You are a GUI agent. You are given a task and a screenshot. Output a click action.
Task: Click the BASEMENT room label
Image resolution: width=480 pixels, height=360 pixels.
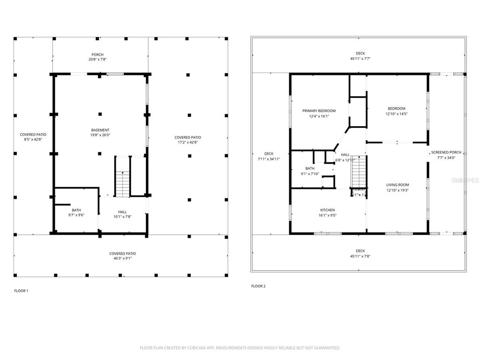pos(100,130)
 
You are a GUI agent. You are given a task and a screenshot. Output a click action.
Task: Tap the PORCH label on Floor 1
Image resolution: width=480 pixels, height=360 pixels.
pos(97,54)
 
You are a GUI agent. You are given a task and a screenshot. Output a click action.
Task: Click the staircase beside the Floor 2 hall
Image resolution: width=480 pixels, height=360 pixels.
pos(359,172)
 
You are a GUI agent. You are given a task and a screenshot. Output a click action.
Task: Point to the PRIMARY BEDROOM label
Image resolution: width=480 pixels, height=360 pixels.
pos(319,111)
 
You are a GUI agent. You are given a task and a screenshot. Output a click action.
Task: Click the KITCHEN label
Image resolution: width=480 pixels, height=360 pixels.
pos(327,210)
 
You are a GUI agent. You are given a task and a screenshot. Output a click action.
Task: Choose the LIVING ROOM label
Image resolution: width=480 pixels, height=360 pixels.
pos(397,185)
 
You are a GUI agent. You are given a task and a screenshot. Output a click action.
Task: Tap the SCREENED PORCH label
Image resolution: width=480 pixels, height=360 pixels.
pos(446,152)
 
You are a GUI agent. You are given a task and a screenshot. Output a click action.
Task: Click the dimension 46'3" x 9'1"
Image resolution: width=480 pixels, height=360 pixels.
pos(123,258)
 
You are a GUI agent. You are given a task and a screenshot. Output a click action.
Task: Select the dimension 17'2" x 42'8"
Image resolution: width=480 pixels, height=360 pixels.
pos(188,142)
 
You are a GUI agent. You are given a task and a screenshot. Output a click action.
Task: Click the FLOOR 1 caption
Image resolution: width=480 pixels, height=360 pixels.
pos(21,291)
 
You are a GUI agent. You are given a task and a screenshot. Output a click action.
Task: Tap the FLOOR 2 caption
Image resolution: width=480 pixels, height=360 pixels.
pos(258,286)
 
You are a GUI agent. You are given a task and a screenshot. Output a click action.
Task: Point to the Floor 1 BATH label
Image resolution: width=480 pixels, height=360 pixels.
pos(76,210)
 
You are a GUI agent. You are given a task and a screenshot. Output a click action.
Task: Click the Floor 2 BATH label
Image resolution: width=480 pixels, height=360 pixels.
pos(310,168)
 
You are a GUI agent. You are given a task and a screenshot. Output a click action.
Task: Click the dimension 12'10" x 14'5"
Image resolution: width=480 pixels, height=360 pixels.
pos(397,113)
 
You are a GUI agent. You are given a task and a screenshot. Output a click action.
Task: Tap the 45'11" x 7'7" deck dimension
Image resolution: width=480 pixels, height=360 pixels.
pos(360,59)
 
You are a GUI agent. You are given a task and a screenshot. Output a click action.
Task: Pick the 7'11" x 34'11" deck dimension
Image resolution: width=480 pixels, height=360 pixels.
pos(269,159)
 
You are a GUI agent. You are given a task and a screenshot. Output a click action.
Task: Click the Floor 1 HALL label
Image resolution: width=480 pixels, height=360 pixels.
pos(122,211)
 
